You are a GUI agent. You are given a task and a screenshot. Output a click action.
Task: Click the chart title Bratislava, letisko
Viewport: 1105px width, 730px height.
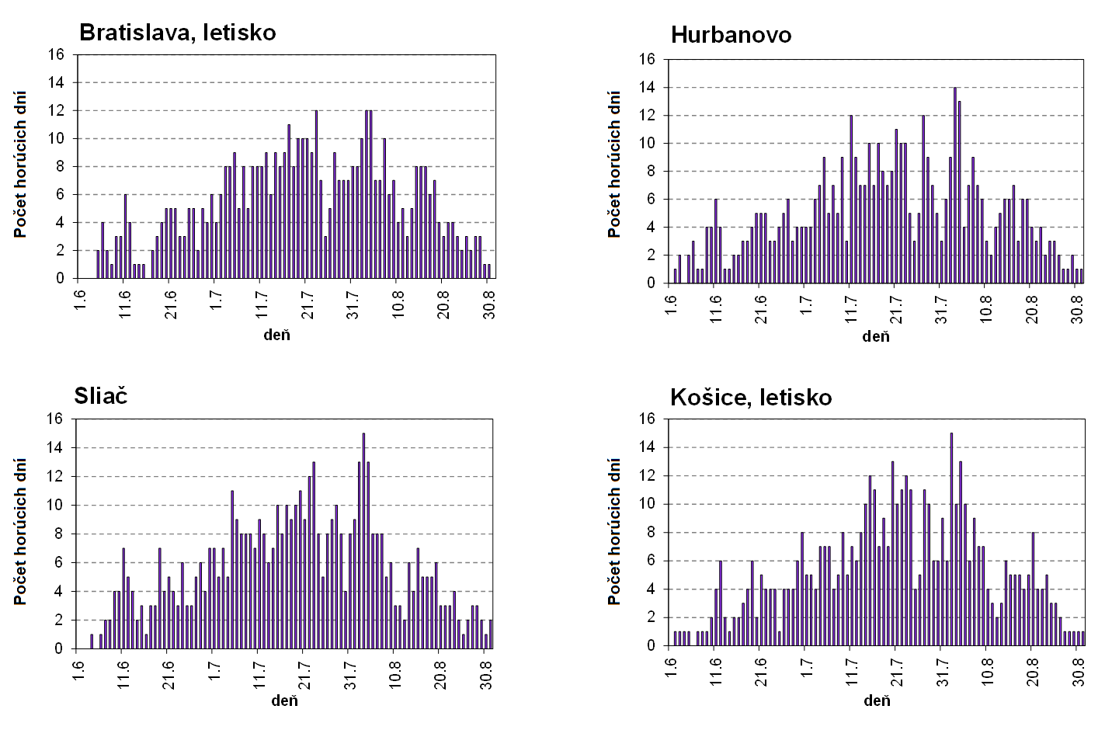click(178, 33)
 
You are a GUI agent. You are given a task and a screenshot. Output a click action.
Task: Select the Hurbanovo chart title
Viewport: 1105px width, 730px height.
click(731, 35)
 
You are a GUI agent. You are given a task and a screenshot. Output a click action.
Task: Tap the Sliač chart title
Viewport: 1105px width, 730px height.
click(101, 396)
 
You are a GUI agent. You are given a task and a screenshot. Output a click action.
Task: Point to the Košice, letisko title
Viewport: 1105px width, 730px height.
click(751, 398)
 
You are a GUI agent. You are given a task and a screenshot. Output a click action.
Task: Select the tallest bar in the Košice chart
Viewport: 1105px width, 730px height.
click(951, 539)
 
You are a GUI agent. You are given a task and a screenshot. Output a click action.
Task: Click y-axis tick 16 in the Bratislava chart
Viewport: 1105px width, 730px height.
click(55, 54)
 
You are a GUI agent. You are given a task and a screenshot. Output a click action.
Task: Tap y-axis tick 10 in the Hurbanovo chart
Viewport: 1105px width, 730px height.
click(648, 144)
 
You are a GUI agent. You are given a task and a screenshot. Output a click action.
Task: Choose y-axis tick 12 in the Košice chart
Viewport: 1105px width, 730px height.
click(648, 475)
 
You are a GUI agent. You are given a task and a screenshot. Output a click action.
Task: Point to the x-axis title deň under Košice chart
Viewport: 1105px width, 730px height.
click(877, 700)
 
